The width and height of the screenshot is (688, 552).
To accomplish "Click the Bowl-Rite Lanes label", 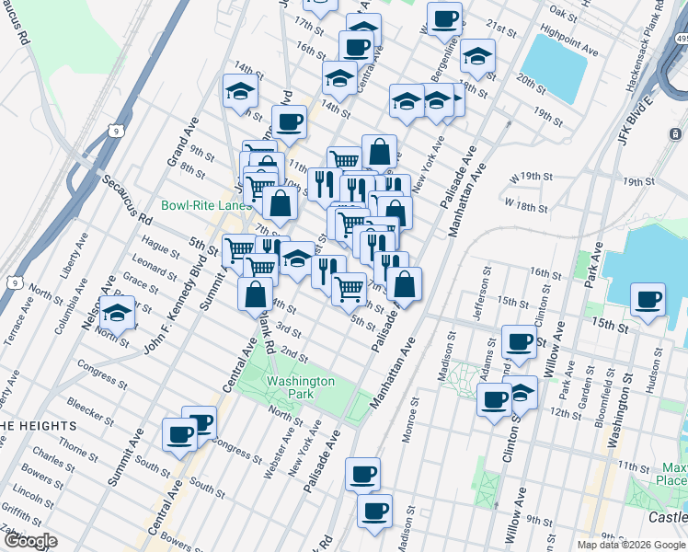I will pyautogui.click(x=205, y=205).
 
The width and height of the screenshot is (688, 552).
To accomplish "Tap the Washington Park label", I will pyautogui.click(x=300, y=387).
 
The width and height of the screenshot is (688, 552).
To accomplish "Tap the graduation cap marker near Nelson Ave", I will pyautogui.click(x=117, y=316).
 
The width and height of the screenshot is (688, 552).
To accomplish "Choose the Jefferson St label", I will pyautogui.click(x=478, y=293).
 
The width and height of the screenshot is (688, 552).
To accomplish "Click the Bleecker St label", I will pyautogui.click(x=89, y=410).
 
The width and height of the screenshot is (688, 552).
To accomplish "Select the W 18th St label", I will pyautogui.click(x=526, y=201).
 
